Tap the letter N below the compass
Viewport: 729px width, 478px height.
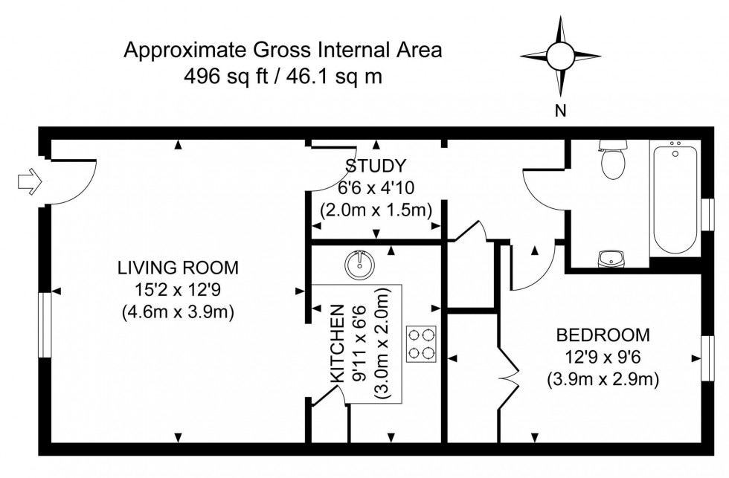(x=561, y=112)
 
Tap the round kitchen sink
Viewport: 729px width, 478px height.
(x=359, y=262)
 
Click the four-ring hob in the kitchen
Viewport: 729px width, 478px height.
(x=421, y=343)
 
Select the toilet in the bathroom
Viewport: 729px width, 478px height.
(x=614, y=160)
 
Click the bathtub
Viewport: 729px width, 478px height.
(x=675, y=198)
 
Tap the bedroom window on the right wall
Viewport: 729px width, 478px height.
(x=707, y=359)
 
